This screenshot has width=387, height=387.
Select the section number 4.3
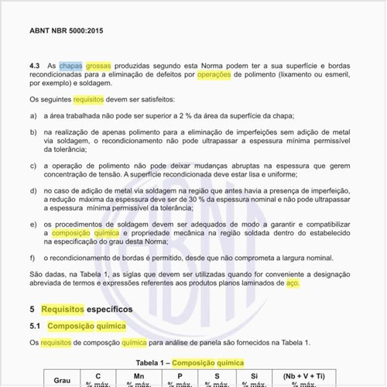pyautogui.click(x=36, y=67)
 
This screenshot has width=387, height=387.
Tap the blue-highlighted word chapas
pyautogui.click(x=70, y=67)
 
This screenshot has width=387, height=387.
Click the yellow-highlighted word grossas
pyautogui.click(x=98, y=67)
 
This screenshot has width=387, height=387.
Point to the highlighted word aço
pyautogui.click(x=292, y=283)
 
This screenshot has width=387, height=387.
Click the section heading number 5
pyautogui.click(x=32, y=309)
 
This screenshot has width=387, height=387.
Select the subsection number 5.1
pyautogui.click(x=35, y=326)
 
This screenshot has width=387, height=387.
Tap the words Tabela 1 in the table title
pyautogui.click(x=151, y=362)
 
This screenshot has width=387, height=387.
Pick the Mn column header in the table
pyautogui.click(x=139, y=375)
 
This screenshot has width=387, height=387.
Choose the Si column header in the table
pyautogui.click(x=255, y=375)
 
